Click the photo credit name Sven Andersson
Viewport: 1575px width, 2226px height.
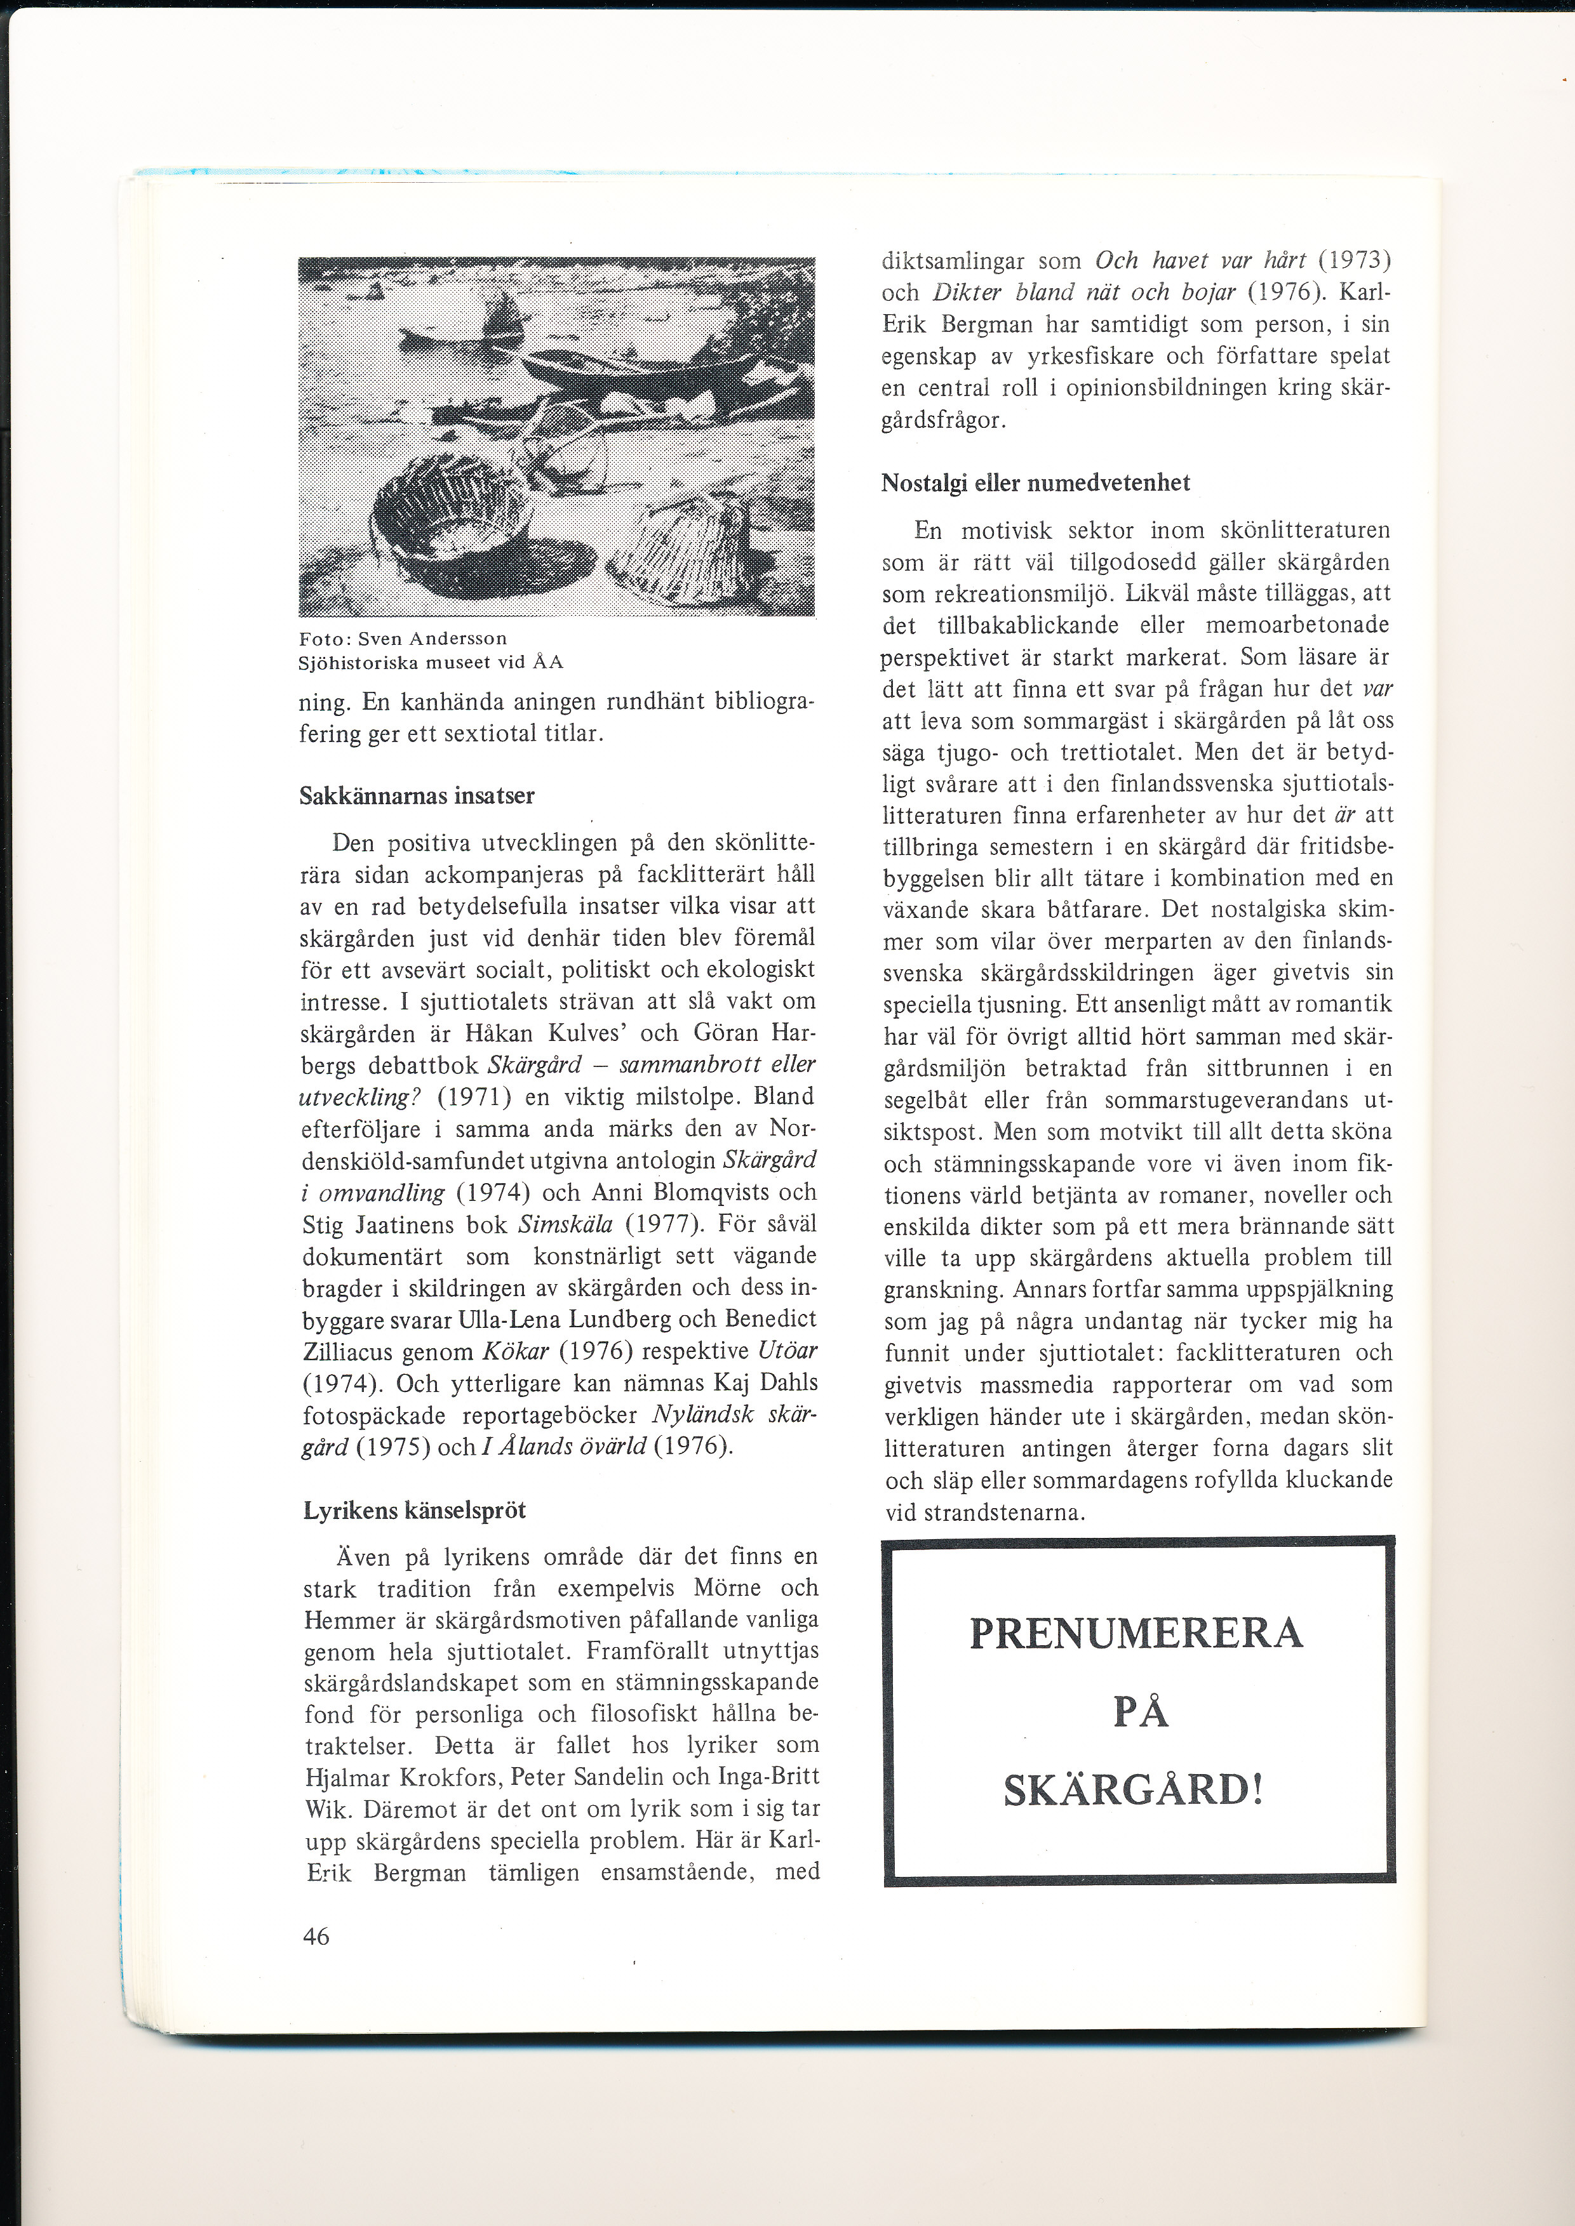(x=432, y=639)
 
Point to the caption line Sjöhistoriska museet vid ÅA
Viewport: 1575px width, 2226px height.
(x=431, y=662)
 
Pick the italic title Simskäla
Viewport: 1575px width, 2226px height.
(x=565, y=1224)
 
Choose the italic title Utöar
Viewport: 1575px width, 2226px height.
(x=788, y=1351)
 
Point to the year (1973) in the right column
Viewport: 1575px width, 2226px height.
(x=1354, y=261)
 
